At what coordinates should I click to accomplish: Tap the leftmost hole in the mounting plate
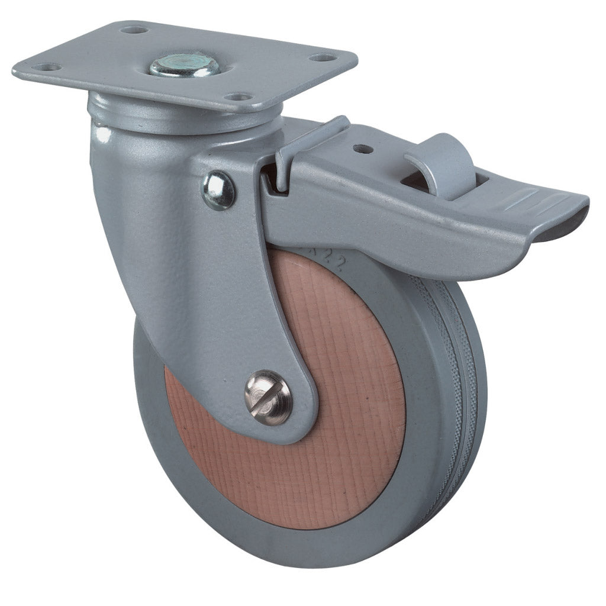[49, 67]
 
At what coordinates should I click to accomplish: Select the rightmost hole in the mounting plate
[322, 58]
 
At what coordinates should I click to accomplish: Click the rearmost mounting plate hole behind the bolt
[134, 28]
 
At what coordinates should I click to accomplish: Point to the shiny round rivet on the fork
[219, 190]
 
